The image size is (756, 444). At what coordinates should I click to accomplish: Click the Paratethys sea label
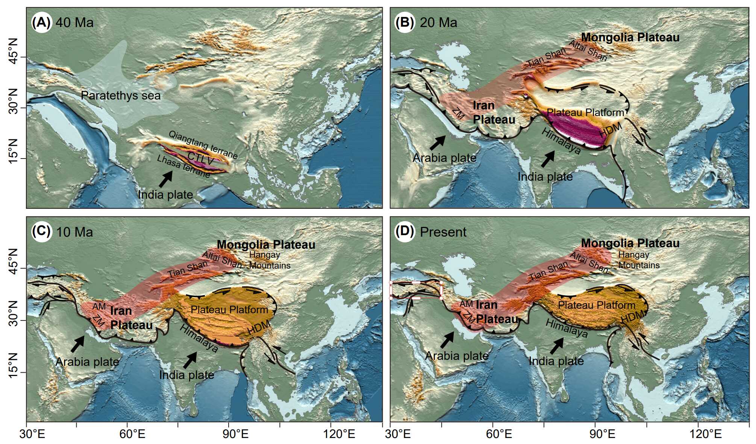(x=121, y=96)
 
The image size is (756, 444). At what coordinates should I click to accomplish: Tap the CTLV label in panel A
(x=200, y=159)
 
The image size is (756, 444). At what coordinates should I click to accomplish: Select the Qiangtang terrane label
(x=203, y=145)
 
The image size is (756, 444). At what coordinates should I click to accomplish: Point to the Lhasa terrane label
(x=183, y=166)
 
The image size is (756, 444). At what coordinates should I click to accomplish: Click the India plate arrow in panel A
(x=166, y=179)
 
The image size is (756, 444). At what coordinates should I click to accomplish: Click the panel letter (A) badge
(x=41, y=23)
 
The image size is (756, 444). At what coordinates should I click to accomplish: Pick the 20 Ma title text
(x=438, y=23)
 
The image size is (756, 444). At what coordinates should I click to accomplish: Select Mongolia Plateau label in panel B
(x=630, y=38)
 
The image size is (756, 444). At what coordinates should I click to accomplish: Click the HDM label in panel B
(x=610, y=130)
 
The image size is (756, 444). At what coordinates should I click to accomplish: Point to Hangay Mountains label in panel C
(x=270, y=260)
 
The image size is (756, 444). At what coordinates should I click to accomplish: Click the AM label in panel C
(x=99, y=307)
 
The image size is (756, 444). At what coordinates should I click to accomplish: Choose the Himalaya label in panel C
(x=199, y=338)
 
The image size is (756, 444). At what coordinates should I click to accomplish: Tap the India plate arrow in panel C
(x=190, y=360)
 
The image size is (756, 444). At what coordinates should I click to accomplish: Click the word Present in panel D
(x=443, y=232)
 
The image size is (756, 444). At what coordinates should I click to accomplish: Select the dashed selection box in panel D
(x=416, y=290)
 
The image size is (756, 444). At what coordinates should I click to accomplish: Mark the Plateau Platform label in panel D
(x=597, y=305)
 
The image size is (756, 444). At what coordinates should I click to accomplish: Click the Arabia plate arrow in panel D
(x=447, y=340)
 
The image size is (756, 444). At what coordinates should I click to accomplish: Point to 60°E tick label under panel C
(x=127, y=434)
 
